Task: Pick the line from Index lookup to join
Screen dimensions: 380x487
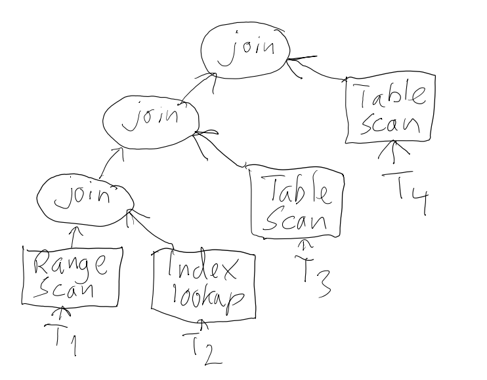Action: click(x=153, y=233)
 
